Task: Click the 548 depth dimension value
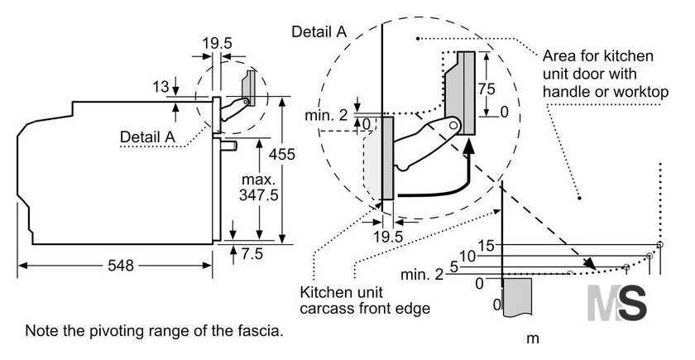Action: coord(121,265)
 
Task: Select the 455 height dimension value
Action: coord(281,154)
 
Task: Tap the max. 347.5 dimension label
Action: coord(258,187)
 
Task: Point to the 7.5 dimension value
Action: coord(252,253)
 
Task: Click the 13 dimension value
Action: coord(161,87)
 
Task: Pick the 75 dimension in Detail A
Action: coord(486,89)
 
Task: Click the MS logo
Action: coord(616,303)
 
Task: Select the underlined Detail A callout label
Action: coord(147,137)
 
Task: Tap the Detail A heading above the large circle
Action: coord(319,31)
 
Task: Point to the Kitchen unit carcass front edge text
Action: coord(365,300)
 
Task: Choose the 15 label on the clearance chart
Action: coord(486,245)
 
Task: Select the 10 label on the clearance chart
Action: coord(467,257)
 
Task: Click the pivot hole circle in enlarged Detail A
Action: coord(453,126)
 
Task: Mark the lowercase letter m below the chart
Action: coord(532,339)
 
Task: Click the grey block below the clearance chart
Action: coord(517,297)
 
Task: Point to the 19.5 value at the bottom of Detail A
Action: coord(388,237)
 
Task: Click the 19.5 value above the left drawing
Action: coord(217,43)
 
